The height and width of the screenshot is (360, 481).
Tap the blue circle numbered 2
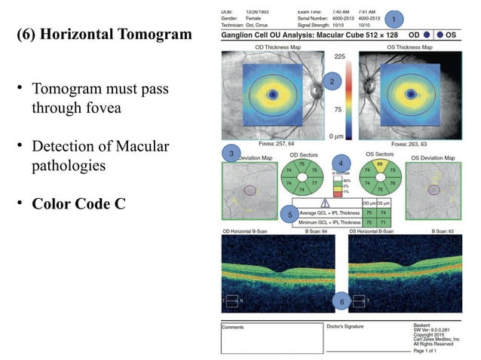pos(330,80)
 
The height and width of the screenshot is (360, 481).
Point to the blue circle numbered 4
pos(341,163)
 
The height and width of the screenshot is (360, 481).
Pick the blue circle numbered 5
pos(290,215)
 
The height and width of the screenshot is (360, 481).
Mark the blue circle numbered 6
pos(341,302)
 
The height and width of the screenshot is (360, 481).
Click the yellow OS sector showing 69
pos(380,164)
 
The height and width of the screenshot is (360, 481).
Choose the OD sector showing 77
pos(314,182)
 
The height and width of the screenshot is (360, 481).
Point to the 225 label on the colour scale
pos(339,56)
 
